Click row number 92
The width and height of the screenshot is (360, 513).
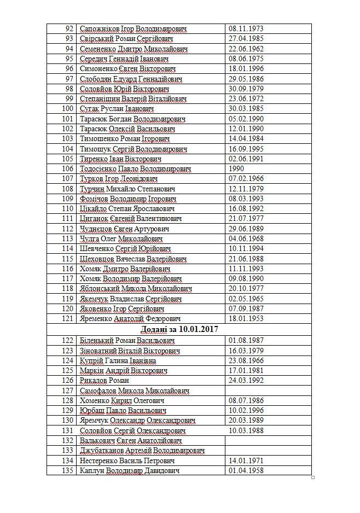(x=69, y=28)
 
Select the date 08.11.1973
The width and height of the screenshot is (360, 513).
(x=246, y=28)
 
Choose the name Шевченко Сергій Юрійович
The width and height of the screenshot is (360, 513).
(x=125, y=248)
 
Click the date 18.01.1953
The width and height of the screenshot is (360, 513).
(x=246, y=318)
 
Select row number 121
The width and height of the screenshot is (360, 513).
(x=68, y=318)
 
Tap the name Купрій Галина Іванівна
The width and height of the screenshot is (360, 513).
(x=118, y=360)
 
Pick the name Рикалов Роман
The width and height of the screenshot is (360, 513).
(x=104, y=380)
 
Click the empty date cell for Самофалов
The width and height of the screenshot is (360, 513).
(x=268, y=390)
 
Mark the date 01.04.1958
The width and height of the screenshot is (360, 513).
(x=246, y=470)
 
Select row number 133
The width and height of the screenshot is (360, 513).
(x=68, y=450)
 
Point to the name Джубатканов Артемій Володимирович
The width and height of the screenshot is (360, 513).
(x=142, y=450)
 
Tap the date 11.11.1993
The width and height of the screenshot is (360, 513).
(x=246, y=269)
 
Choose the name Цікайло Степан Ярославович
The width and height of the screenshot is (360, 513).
(x=127, y=208)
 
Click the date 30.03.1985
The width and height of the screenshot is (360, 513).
(x=246, y=108)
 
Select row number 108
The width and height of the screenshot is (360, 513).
(x=68, y=189)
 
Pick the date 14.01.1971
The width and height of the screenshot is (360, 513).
(x=246, y=460)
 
